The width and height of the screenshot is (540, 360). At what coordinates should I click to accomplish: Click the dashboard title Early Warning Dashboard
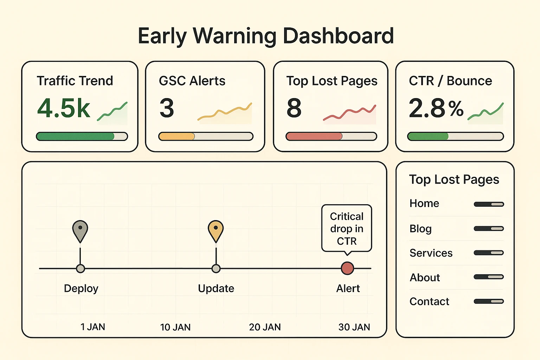tap(266, 36)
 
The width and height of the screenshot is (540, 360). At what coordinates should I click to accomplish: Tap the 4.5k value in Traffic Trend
tap(64, 108)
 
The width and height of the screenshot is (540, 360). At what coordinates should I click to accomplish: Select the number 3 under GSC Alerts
tap(167, 108)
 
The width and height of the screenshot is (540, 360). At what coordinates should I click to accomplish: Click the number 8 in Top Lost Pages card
tap(294, 108)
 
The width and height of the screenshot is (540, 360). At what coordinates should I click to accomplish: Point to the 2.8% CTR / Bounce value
tap(436, 108)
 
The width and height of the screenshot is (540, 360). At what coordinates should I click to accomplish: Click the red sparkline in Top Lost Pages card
tap(349, 113)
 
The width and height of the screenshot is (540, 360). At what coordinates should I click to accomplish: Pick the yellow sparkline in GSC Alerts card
tap(225, 112)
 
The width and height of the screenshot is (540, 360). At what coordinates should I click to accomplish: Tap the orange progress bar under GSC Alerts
tap(177, 136)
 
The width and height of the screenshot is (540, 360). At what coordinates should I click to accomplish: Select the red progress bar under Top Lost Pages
tap(314, 136)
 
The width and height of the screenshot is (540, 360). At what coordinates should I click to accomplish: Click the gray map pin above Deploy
tap(80, 230)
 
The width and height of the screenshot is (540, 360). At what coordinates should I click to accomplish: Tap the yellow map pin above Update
tap(216, 230)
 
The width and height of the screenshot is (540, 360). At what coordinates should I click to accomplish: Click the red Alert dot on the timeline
tap(347, 268)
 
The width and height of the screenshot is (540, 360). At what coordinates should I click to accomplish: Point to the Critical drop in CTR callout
tap(347, 229)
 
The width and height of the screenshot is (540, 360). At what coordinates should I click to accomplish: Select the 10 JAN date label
tap(175, 327)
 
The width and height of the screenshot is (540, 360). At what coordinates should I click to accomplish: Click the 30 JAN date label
tap(354, 327)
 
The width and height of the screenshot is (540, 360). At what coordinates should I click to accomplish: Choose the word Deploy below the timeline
tap(81, 289)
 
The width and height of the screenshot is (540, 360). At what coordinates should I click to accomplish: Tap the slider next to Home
tap(489, 204)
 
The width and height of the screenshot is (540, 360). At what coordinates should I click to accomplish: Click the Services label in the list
tap(431, 253)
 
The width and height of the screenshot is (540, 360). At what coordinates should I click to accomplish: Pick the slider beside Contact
tap(489, 301)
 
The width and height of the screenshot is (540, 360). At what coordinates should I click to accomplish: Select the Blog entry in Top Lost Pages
tap(420, 229)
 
